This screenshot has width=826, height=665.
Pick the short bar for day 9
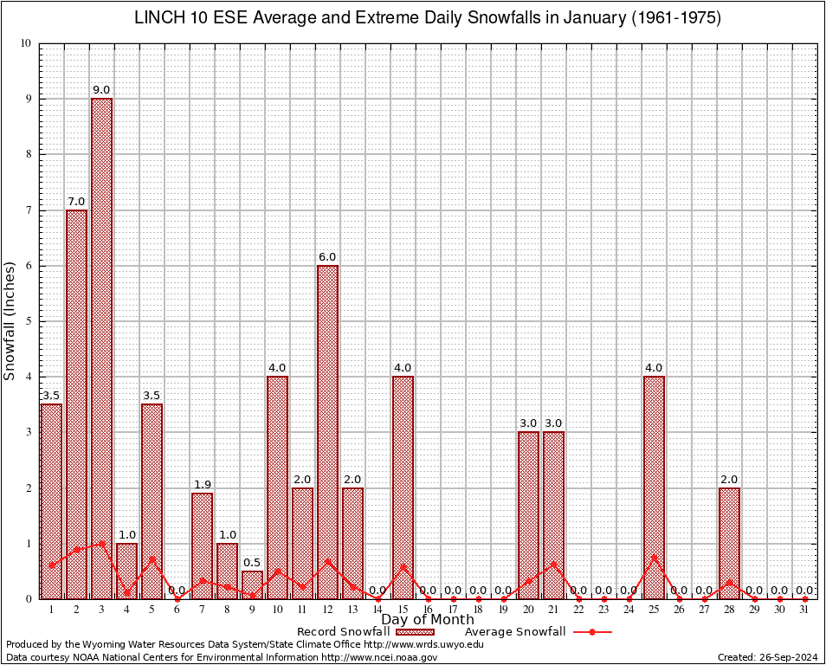coord(252,584)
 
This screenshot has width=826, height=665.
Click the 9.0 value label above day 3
coord(101,90)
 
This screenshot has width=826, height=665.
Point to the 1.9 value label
coord(202,485)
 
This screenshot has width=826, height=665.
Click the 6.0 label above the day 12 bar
coord(327,257)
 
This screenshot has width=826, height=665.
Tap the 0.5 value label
coord(252,563)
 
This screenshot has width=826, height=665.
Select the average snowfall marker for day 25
coord(654,557)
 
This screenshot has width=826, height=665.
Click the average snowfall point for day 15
coord(403,566)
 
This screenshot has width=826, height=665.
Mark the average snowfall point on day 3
coord(101,544)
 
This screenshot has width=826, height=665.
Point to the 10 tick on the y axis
coord(25,43)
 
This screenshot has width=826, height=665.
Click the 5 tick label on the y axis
coord(28,321)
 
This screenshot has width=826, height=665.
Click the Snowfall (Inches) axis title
coord(10,320)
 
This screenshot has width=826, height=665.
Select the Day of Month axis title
coord(428,620)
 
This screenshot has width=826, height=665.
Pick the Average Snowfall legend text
coord(515,632)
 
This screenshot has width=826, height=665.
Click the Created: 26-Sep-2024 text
coord(767,657)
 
